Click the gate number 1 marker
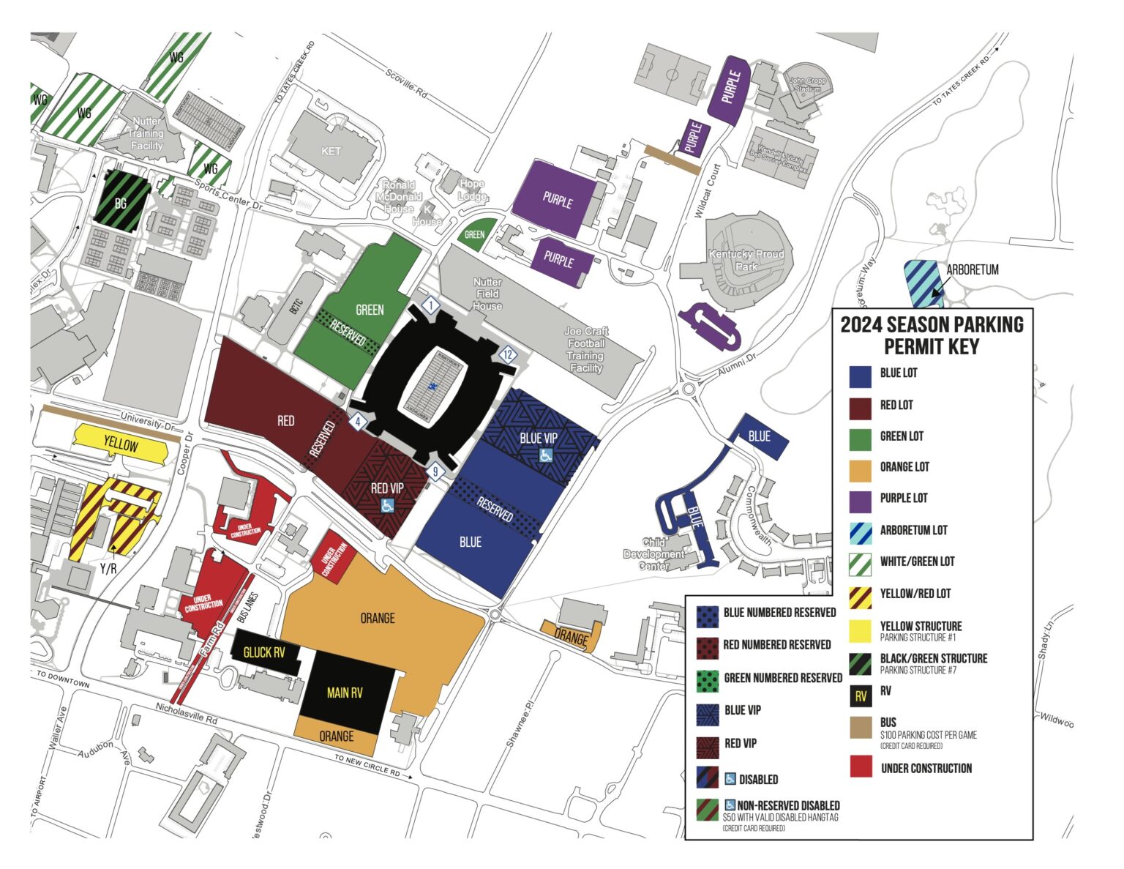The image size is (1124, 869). point(432,305)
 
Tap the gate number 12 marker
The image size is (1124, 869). point(507,355)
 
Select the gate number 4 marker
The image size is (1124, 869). point(358,422)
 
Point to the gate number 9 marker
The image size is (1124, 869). point(435,471)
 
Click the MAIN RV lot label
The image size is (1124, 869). point(345,692)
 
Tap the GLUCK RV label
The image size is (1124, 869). point(264,652)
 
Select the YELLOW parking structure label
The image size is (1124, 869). point(121,444)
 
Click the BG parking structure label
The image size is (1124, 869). point(121,203)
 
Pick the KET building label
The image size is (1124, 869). point(331,151)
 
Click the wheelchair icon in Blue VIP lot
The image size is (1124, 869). point(545,455)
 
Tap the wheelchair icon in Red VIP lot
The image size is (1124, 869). point(387,505)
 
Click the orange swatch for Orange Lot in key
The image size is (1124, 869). point(860,471)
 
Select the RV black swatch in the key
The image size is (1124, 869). point(860,695)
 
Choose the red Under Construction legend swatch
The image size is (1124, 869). point(860,767)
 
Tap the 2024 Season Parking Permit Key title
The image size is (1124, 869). point(932,335)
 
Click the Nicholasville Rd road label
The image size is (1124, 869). point(186,715)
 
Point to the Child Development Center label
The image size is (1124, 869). point(653,553)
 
